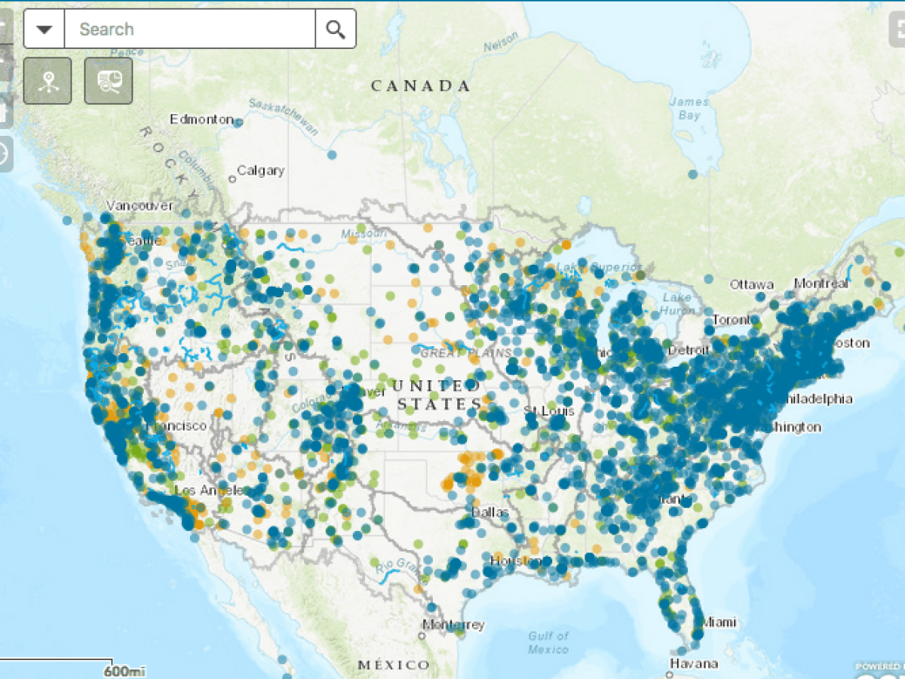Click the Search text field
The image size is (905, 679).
pos(189,29)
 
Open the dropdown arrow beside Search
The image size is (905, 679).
pos(44,29)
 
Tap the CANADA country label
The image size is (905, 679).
pos(420,86)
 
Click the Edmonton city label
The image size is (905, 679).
pos(201,119)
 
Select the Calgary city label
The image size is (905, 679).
pos(260,171)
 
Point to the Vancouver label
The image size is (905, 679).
pos(140,205)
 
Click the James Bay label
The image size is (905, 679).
pos(689,109)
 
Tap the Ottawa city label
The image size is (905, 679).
pos(751,284)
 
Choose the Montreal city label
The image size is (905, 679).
pos(821,284)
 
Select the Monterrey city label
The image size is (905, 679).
pos(453,625)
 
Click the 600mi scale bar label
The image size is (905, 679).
pos(124,670)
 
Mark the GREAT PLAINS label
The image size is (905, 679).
pos(465,353)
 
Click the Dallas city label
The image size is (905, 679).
pos(490,512)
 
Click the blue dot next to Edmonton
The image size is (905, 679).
pos(238,121)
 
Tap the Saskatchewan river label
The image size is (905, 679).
pos(284,116)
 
